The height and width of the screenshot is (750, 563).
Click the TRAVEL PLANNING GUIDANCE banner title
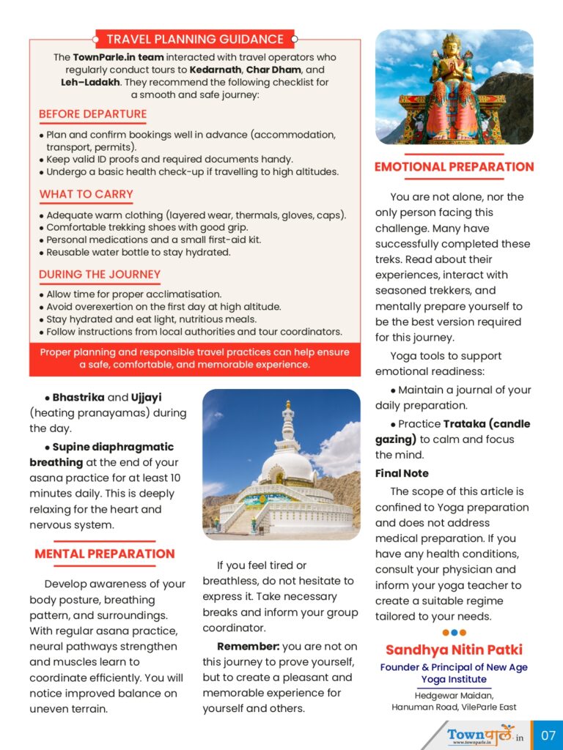pyautogui.click(x=195, y=40)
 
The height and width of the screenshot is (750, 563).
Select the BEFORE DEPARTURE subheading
pyautogui.click(x=93, y=114)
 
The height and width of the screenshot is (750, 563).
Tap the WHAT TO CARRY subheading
pyautogui.click(x=87, y=194)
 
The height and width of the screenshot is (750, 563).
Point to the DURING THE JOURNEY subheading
pyautogui.click(x=100, y=275)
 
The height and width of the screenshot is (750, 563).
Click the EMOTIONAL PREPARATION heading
pyautogui.click(x=454, y=167)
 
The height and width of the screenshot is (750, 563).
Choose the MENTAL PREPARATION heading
pyautogui.click(x=105, y=554)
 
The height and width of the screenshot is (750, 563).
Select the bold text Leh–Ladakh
pyautogui.click(x=90, y=82)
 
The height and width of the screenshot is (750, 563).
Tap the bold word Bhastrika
pyautogui.click(x=78, y=398)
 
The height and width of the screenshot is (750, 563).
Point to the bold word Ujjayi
pyautogui.click(x=147, y=398)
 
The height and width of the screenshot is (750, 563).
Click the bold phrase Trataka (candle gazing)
pyautogui.click(x=463, y=431)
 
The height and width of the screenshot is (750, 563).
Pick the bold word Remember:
pyautogui.click(x=248, y=646)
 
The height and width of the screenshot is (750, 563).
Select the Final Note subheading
pyautogui.click(x=402, y=473)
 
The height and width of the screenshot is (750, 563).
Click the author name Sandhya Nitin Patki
pyautogui.click(x=454, y=650)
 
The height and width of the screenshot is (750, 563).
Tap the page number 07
pyautogui.click(x=548, y=735)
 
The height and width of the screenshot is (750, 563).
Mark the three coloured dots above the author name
pyautogui.click(x=454, y=632)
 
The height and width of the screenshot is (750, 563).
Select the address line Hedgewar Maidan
pyautogui.click(x=454, y=695)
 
